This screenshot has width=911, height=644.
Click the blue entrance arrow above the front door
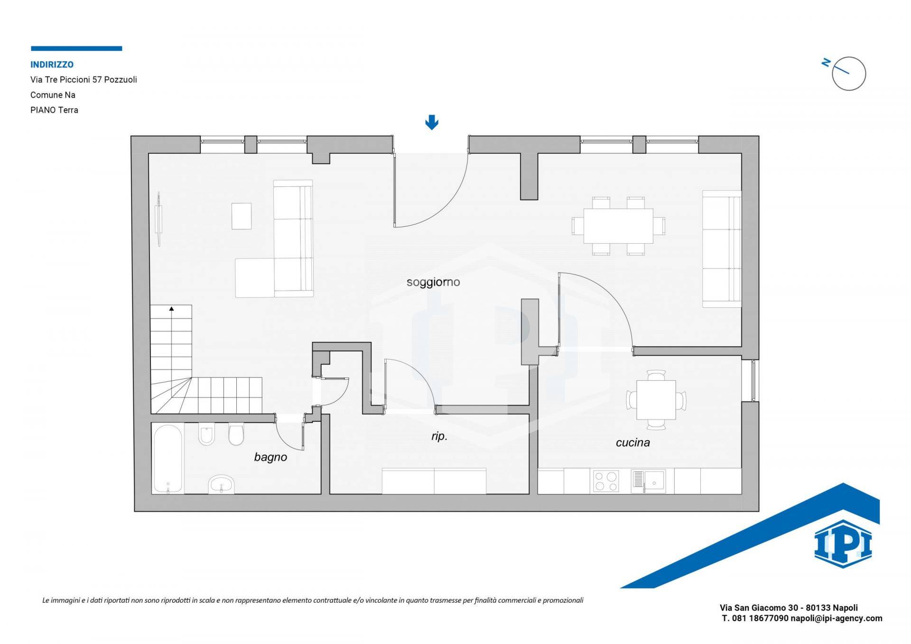click(x=431, y=122)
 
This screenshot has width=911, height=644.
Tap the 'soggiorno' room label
click(x=433, y=282)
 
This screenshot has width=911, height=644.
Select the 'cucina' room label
click(x=632, y=442)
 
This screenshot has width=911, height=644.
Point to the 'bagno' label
click(x=270, y=457)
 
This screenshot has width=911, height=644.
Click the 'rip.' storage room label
click(x=439, y=436)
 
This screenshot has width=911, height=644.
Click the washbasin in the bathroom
click(x=221, y=484)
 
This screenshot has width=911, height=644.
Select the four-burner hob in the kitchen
click(x=606, y=481)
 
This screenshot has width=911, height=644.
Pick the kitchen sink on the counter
click(x=648, y=481)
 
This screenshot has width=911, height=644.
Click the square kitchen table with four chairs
click(x=656, y=400)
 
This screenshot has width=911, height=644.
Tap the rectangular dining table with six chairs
click(x=618, y=226)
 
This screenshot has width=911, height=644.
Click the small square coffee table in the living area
click(x=242, y=216)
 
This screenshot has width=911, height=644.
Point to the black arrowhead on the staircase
click(x=171, y=309)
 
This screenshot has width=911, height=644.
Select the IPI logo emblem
click(x=843, y=544)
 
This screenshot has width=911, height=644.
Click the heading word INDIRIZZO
click(x=52, y=64)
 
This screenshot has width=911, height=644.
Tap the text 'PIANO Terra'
click(x=54, y=110)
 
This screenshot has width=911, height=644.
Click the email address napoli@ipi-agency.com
click(x=837, y=618)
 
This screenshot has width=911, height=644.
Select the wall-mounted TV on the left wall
click(x=159, y=219)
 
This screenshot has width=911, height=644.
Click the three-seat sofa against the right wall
click(x=722, y=249)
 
